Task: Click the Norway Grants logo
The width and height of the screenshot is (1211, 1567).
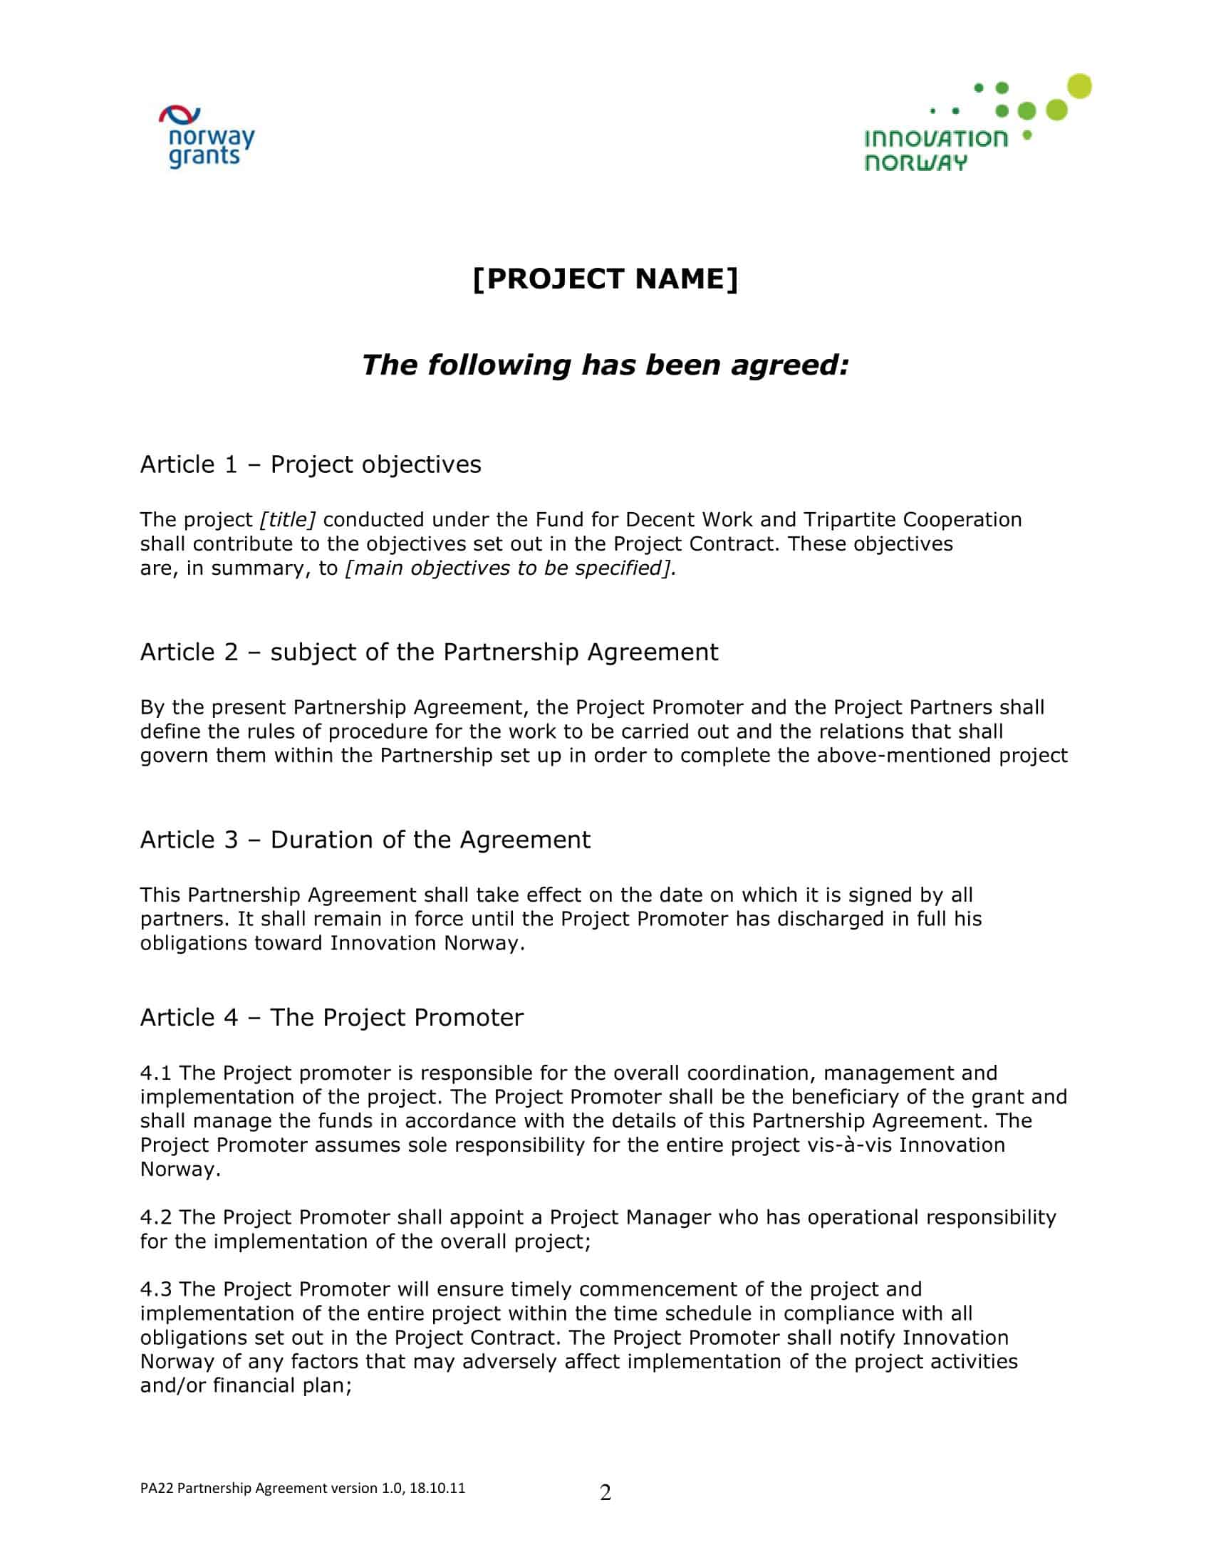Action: coord(206,137)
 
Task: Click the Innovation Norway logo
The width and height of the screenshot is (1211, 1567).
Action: coord(977,124)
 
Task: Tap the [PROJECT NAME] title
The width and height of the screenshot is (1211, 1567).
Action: coord(605,278)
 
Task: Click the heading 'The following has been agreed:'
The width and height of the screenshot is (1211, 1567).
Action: coord(605,365)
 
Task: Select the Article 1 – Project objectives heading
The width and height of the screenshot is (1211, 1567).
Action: coord(311,464)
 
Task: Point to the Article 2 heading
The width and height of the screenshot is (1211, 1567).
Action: coord(429,652)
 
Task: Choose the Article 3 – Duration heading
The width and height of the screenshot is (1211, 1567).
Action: coord(365,840)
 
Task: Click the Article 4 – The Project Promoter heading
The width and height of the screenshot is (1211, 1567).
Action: coord(331,1017)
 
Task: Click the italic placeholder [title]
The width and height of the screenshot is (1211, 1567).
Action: coord(288,519)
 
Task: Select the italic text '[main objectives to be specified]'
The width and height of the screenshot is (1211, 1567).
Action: coord(510,568)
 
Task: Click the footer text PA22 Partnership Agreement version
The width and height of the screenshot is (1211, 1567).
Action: coord(302,1488)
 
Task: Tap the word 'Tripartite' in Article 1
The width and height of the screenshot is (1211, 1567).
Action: coord(849,519)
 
